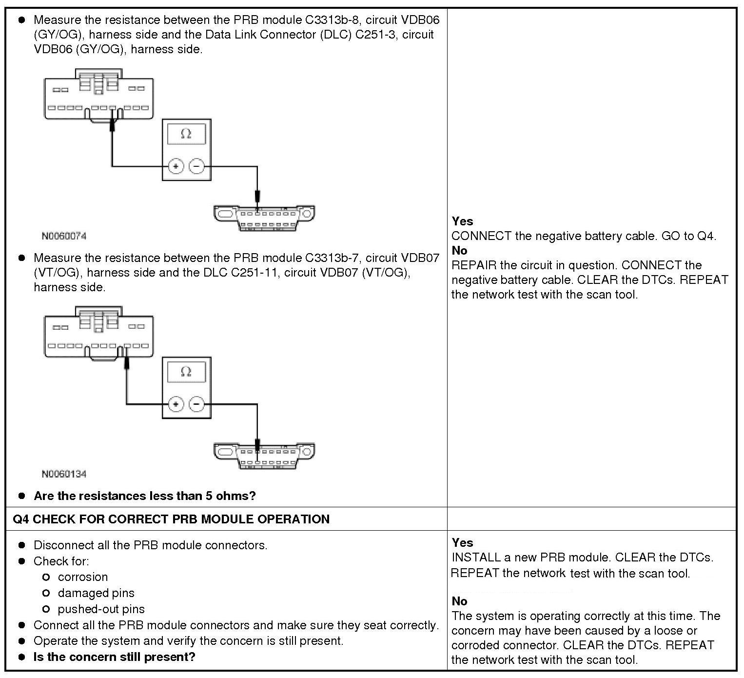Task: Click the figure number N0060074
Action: click(x=64, y=236)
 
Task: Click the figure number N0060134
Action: click(x=64, y=474)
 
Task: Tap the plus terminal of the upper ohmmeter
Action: click(x=176, y=166)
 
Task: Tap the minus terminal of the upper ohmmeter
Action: click(x=196, y=166)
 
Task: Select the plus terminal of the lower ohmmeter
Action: click(x=176, y=404)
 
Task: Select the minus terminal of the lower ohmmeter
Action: click(x=196, y=404)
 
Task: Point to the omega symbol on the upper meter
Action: click(x=186, y=134)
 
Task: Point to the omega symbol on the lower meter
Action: click(x=186, y=372)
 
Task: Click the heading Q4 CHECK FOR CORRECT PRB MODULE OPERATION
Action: click(x=171, y=519)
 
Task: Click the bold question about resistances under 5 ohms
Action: click(x=144, y=496)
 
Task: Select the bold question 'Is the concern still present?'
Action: click(x=114, y=657)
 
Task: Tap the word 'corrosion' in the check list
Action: click(x=82, y=577)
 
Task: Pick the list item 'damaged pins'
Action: click(x=96, y=593)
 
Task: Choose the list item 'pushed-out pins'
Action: click(x=101, y=609)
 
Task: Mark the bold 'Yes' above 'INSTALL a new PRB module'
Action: click(x=462, y=542)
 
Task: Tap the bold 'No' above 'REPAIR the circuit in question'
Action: click(x=459, y=251)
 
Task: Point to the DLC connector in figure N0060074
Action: click(x=264, y=218)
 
